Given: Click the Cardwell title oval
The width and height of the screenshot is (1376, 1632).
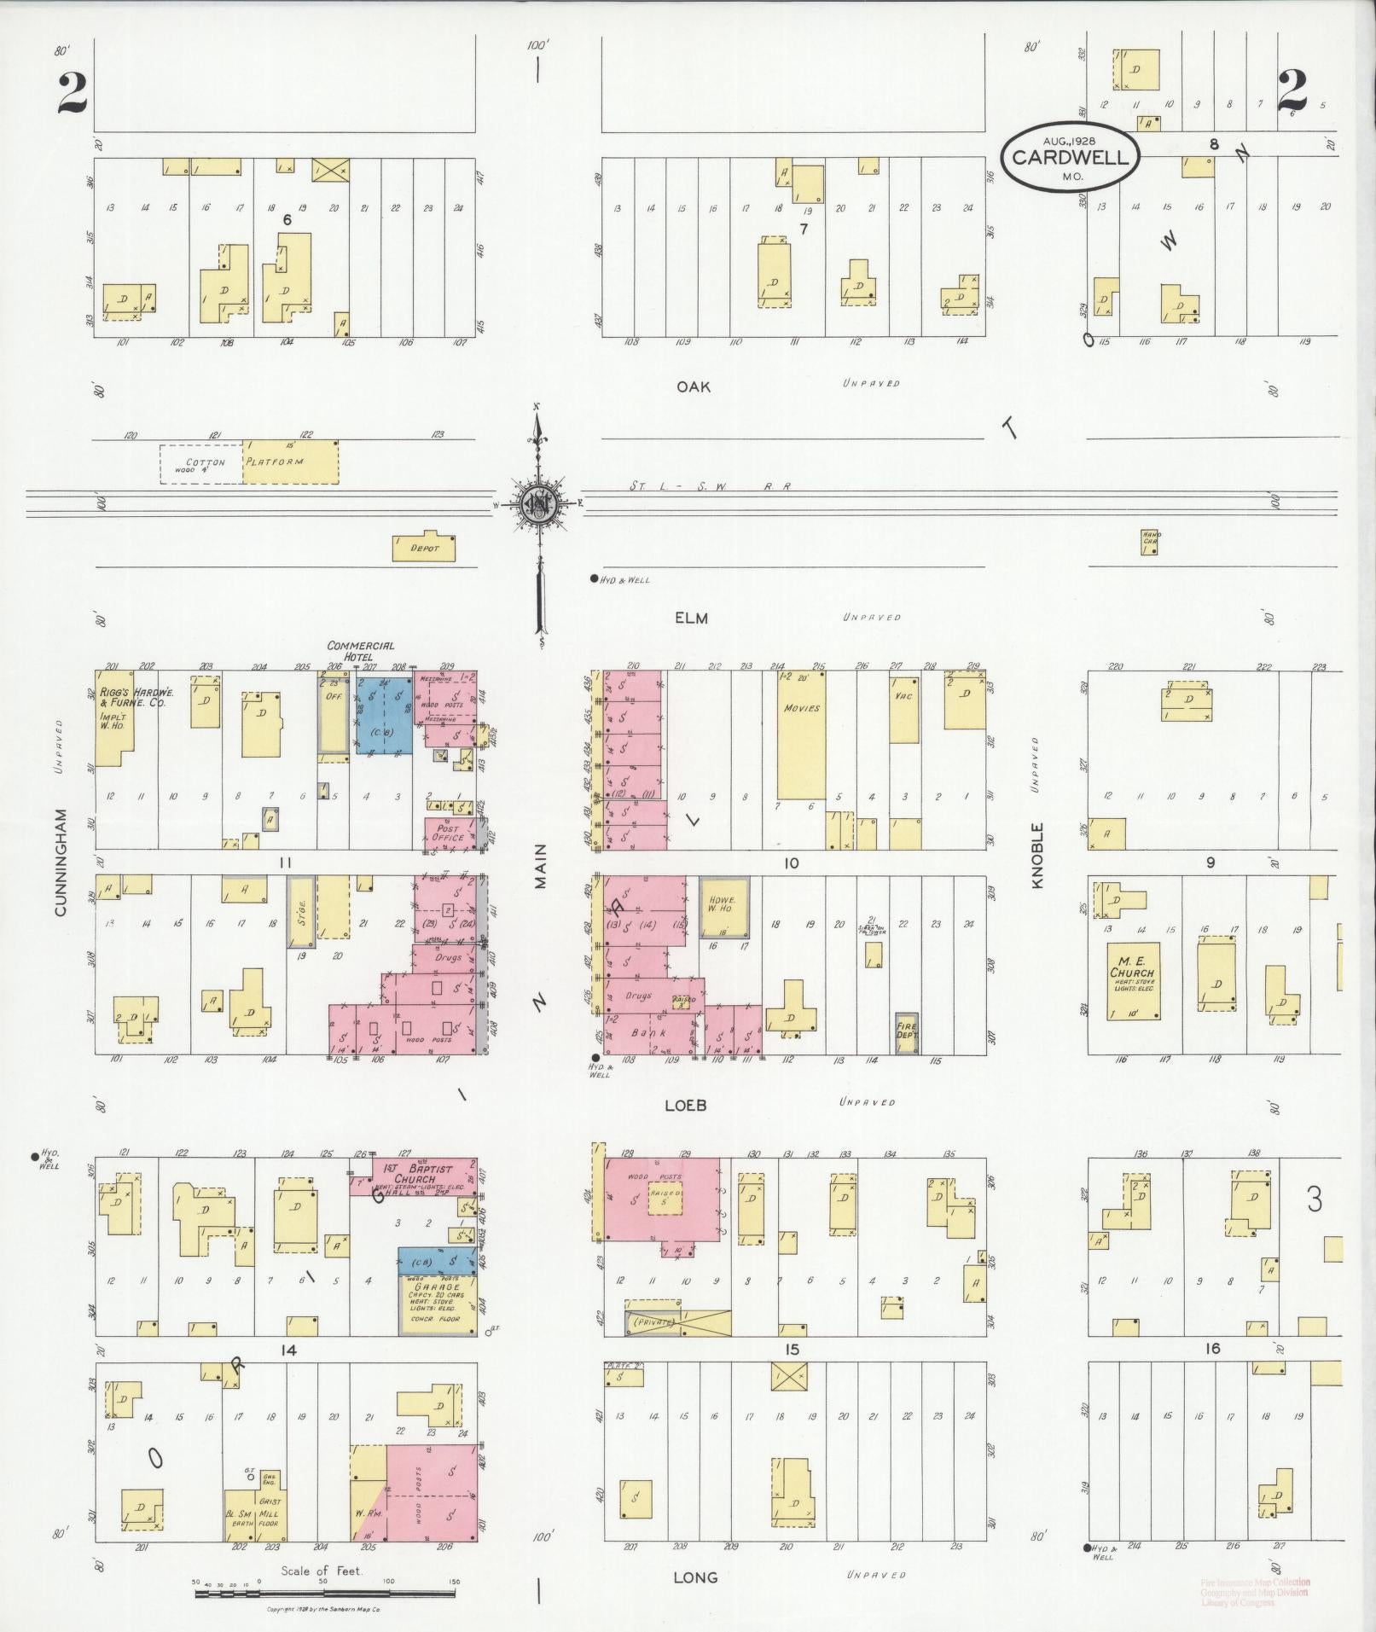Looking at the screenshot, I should point(1070,157).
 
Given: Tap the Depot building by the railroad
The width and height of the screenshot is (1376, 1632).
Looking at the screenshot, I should point(423,549).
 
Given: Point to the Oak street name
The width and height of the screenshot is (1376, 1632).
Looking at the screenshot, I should point(693,386).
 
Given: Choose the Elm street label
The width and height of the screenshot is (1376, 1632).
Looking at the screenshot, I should point(691,618).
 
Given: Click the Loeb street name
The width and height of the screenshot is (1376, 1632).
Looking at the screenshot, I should point(686,1105).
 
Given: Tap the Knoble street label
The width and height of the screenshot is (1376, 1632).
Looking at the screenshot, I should point(1037,855).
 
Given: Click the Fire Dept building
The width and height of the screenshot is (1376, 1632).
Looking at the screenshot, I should point(906,1034).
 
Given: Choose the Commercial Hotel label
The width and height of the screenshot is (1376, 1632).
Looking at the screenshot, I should point(360,651).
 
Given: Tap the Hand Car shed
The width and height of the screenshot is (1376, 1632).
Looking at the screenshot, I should point(1151,542).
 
